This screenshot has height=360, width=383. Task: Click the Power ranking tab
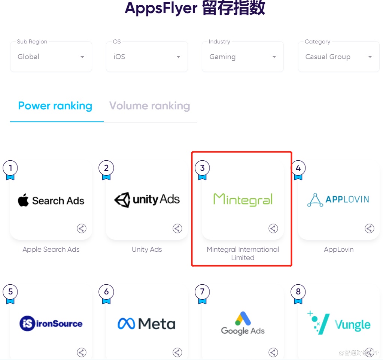click(x=55, y=106)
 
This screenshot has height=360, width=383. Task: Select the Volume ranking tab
click(x=149, y=106)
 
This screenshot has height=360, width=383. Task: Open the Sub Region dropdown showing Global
click(x=51, y=57)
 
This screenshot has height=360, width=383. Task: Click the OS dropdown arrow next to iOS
click(x=178, y=57)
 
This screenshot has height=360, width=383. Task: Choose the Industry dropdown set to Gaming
click(x=243, y=57)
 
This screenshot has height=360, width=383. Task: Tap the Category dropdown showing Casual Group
click(x=338, y=57)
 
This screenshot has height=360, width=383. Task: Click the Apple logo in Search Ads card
click(x=23, y=200)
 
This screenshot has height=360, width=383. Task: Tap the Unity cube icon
click(x=122, y=200)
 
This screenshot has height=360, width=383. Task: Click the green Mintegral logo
click(x=243, y=199)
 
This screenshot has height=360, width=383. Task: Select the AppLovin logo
click(x=338, y=200)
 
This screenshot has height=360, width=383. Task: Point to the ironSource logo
click(x=51, y=324)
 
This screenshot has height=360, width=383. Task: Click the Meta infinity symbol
click(x=127, y=324)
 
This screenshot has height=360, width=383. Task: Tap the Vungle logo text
click(x=352, y=324)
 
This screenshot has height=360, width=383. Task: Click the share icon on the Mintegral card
click(x=273, y=229)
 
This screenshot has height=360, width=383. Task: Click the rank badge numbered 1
click(x=10, y=168)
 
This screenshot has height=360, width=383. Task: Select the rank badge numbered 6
click(x=106, y=292)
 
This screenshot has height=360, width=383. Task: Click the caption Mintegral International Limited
click(x=243, y=254)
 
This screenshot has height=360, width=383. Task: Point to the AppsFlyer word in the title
click(x=161, y=8)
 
